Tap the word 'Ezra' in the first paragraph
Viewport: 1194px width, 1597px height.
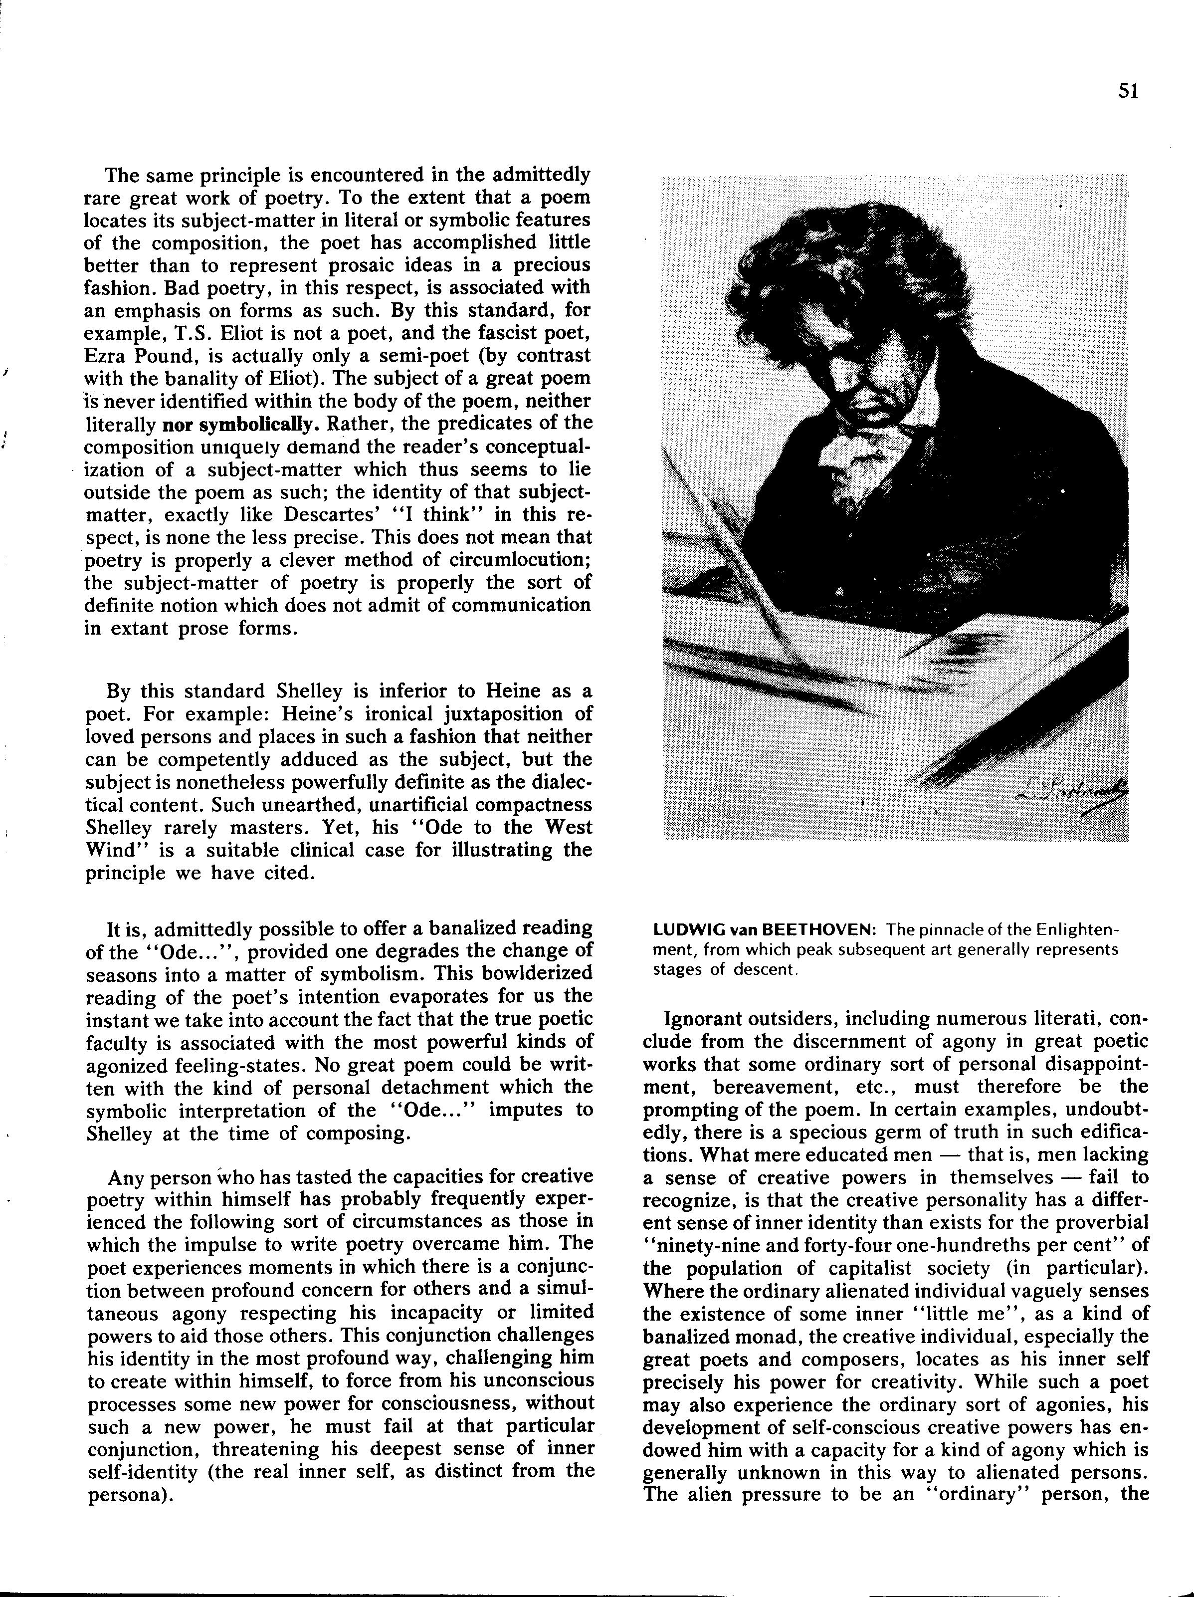point(106,356)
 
